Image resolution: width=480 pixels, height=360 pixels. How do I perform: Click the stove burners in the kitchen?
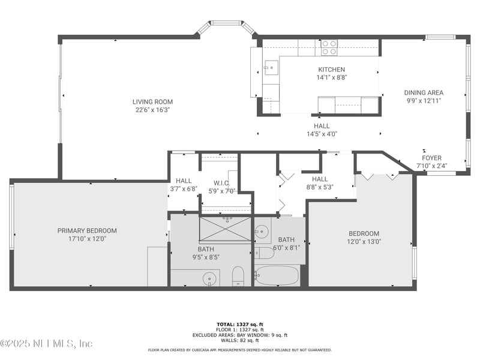(329, 47)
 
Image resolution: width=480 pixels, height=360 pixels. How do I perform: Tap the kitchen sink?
(271, 67)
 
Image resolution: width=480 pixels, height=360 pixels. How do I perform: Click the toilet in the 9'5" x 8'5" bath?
(238, 277)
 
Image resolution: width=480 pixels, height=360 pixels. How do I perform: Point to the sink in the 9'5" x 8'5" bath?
(209, 278)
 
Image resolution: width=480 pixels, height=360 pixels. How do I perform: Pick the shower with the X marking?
(226, 229)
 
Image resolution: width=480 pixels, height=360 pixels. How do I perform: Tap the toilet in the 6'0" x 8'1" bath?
(265, 253)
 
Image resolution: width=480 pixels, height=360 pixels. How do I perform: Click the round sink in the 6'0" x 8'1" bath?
(262, 229)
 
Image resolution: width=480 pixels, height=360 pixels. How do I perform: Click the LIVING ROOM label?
(152, 102)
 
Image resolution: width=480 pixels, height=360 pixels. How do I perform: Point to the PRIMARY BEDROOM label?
(87, 230)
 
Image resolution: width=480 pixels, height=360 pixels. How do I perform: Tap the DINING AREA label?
(424, 92)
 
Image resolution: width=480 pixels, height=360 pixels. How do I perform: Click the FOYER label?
(431, 158)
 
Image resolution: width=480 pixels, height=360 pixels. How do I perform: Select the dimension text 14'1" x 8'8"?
(332, 77)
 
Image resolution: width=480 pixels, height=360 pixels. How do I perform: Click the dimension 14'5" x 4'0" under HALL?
(322, 134)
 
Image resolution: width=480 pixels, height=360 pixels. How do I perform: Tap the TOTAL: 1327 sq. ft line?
(240, 324)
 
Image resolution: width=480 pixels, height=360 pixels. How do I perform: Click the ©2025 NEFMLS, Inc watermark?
(47, 344)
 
